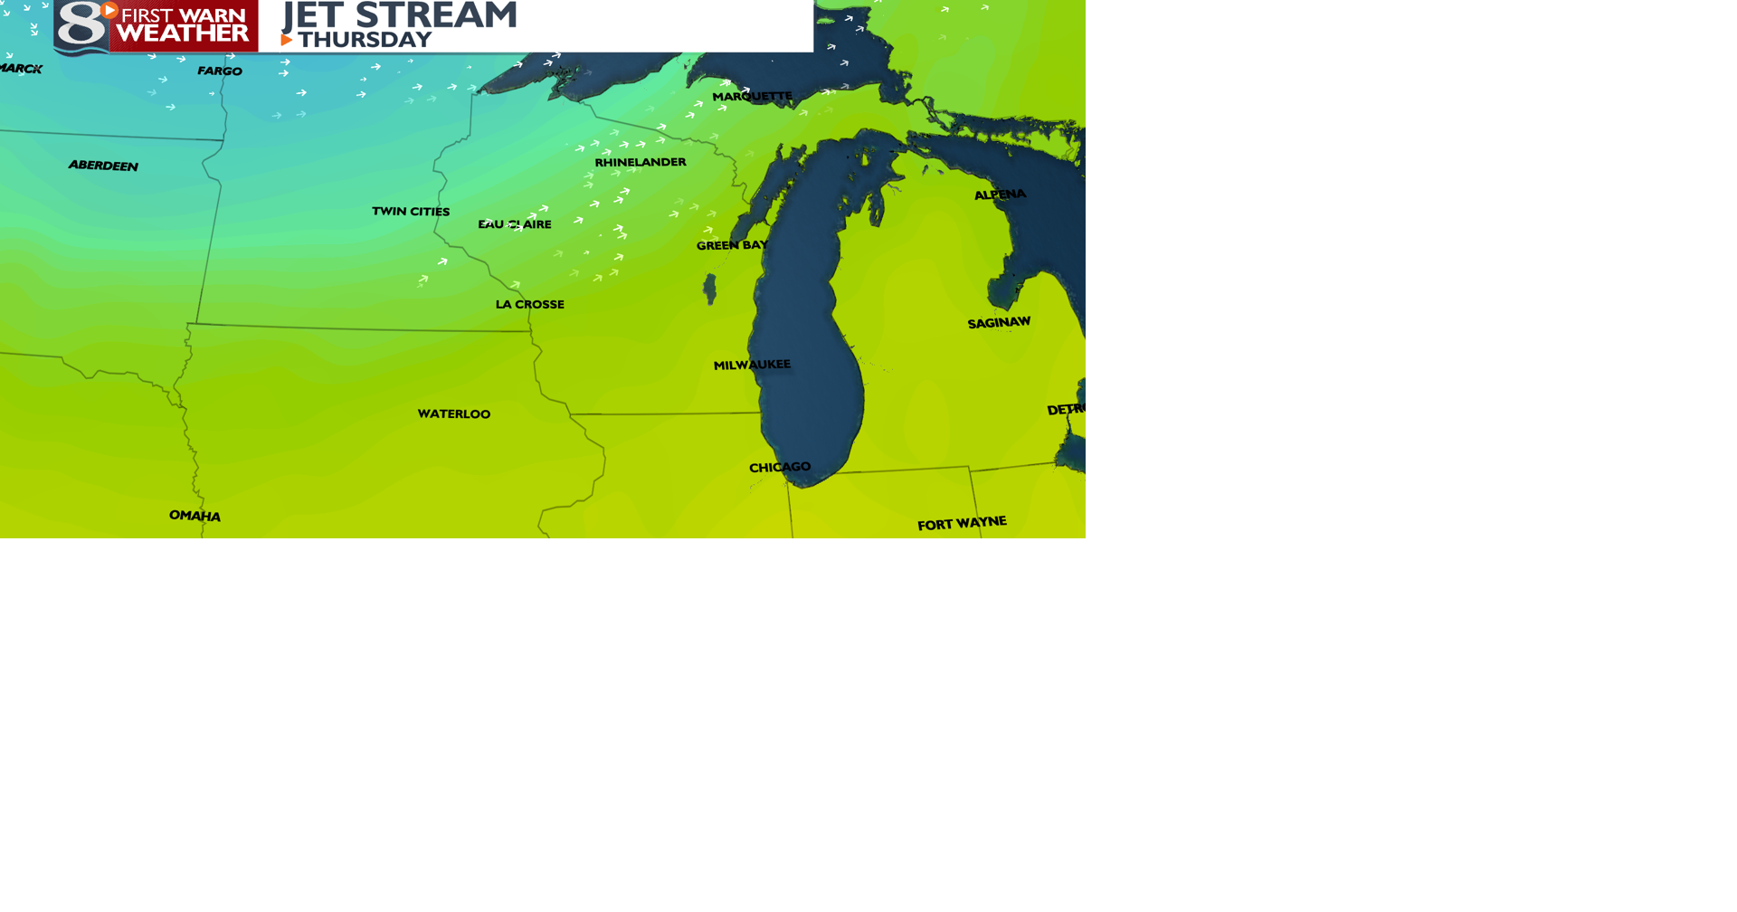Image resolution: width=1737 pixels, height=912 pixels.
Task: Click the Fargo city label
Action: point(220,71)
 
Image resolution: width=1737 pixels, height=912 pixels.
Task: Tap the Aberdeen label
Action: point(103,166)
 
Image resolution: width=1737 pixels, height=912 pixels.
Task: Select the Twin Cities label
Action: point(411,212)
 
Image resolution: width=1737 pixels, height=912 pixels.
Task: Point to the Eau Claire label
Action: point(515,224)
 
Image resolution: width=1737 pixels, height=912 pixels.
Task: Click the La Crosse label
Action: point(530,305)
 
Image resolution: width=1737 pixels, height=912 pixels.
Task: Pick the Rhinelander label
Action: point(641,163)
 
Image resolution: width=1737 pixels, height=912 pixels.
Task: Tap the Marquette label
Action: point(752,97)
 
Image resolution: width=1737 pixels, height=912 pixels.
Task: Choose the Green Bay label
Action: point(732,245)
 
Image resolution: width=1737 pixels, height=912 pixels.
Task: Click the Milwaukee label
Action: point(752,365)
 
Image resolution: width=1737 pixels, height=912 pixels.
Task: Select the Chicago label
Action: point(780,468)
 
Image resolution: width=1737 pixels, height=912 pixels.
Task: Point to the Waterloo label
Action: point(454,414)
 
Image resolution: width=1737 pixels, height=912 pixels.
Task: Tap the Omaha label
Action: point(195,516)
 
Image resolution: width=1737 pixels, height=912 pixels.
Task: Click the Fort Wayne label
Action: point(962,524)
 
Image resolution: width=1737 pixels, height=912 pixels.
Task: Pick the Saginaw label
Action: point(999,323)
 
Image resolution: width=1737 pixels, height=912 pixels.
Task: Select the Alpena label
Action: point(1000,195)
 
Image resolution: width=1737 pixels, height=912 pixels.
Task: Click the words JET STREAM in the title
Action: point(400,15)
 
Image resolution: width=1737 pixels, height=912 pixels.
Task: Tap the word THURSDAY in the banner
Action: point(365,40)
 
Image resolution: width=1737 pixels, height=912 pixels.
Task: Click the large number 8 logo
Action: point(81,25)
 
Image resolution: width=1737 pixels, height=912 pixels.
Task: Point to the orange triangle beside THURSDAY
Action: point(287,40)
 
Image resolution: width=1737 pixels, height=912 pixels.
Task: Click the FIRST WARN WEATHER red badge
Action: point(184,25)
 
